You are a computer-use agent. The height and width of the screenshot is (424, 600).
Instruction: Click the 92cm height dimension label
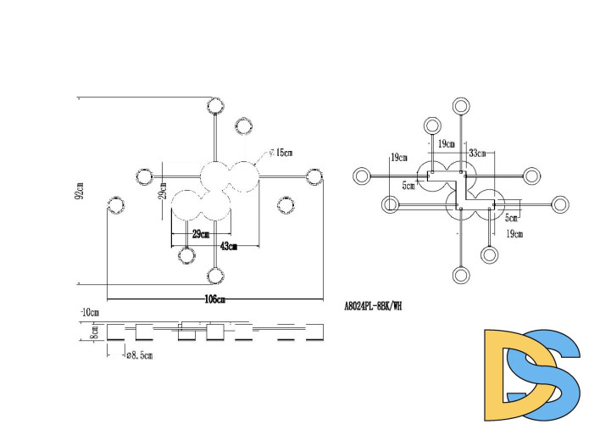80,192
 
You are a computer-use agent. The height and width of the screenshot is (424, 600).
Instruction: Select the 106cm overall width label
215,299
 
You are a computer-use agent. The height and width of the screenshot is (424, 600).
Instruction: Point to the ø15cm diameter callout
283,153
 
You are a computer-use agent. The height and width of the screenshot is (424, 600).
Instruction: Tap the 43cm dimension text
228,246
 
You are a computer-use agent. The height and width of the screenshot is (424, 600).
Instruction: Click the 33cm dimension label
476,153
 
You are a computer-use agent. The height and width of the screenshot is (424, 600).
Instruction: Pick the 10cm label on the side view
89,312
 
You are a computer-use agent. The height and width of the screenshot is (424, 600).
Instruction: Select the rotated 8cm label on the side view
96,330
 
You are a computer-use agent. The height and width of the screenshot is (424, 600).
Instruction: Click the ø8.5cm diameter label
140,355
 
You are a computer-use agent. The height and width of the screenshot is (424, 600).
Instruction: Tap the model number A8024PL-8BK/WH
373,307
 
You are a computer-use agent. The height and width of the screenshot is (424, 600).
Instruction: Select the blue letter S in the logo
551,373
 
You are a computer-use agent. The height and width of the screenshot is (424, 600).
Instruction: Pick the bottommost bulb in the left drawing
215,275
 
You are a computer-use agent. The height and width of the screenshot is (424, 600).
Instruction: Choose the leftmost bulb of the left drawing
115,205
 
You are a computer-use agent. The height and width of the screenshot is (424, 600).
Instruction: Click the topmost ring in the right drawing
462,106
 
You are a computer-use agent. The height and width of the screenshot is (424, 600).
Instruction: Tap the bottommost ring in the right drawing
462,275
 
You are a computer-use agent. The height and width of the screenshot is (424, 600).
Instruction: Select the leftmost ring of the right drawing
362,176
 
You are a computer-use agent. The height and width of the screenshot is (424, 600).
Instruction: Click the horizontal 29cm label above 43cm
200,234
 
